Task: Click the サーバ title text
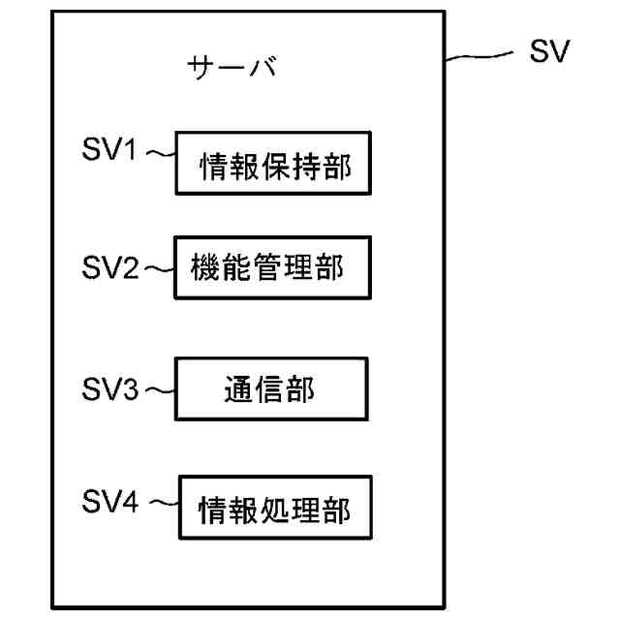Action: coord(232,68)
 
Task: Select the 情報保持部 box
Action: coord(274,166)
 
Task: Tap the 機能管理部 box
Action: coord(272,266)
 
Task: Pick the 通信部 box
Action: coord(271,390)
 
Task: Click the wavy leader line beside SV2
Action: coord(159,270)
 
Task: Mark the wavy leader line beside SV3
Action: coord(159,391)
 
